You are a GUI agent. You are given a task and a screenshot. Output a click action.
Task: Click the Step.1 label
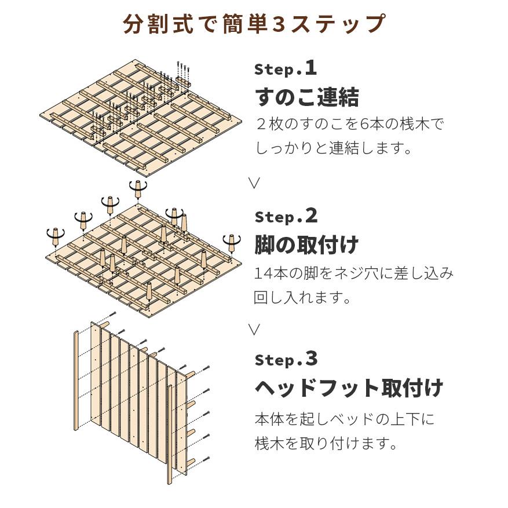[x=286, y=68]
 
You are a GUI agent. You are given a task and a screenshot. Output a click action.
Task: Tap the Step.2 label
[x=286, y=216]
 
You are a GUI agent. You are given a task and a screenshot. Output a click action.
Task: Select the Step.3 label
[x=286, y=359]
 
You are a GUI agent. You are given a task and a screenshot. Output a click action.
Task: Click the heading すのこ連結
[x=307, y=97]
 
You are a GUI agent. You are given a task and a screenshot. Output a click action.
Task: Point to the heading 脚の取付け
[x=306, y=244]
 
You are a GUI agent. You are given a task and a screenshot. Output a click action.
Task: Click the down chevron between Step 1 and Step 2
[x=254, y=183]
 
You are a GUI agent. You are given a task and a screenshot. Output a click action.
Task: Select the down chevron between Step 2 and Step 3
[x=254, y=330]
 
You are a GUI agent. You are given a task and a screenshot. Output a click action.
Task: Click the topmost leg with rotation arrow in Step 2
[x=138, y=189]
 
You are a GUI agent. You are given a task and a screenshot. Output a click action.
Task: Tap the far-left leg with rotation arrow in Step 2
[x=56, y=237]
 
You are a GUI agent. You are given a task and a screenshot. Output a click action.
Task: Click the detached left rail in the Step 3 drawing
[x=76, y=381]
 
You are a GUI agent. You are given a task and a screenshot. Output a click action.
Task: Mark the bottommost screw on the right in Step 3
[x=206, y=459]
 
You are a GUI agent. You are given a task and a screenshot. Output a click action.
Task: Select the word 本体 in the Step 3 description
[x=269, y=419]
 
